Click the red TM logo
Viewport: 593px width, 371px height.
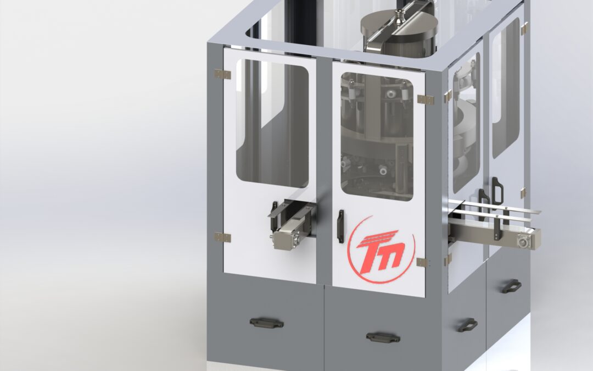381,250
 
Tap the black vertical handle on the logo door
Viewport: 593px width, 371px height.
340,226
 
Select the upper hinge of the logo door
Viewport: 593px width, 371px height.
426,99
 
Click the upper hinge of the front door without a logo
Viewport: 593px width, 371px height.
222,74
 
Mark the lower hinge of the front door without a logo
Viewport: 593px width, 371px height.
222,237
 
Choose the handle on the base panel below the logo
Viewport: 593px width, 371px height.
383,337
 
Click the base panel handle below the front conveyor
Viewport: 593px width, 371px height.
266,323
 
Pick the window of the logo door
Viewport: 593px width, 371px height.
377,137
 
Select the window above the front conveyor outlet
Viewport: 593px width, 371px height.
272,124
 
